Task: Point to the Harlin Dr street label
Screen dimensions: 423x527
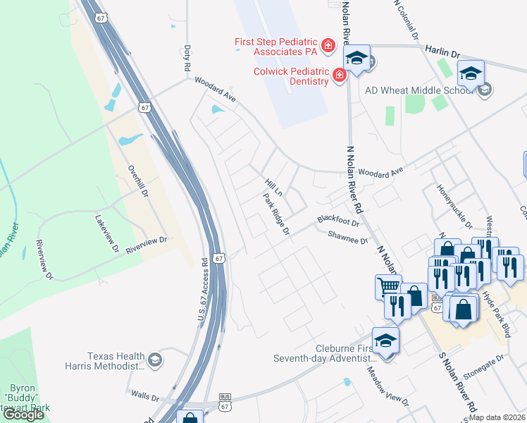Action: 442,52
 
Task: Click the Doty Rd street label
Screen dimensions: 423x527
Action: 187,59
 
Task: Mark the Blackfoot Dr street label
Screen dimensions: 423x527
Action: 338,220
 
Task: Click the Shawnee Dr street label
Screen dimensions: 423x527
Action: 348,240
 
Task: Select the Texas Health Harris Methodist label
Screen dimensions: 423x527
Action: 116,362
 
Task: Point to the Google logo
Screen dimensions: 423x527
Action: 23,415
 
